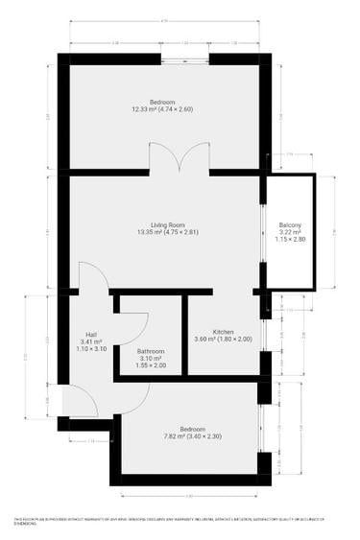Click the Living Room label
tap(161, 223)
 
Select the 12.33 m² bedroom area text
tap(161, 109)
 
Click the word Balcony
tap(290, 224)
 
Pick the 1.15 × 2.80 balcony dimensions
tap(290, 239)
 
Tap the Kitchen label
tap(223, 331)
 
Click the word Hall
tap(90, 334)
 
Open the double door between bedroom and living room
tap(180, 158)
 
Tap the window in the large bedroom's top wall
tap(185, 59)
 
